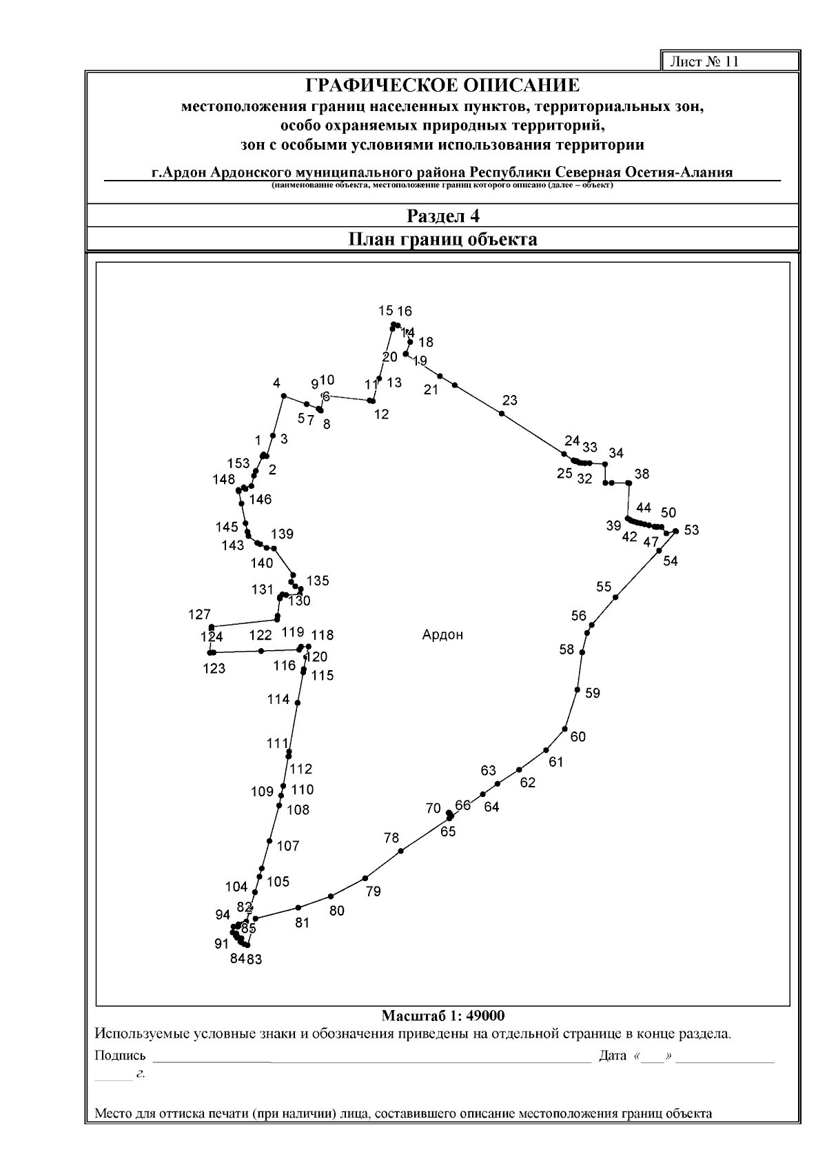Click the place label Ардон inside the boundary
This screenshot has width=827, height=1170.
tap(442, 635)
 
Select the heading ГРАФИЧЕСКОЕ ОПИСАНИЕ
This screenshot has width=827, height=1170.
tap(442, 86)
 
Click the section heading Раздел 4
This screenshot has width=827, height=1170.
tap(442, 216)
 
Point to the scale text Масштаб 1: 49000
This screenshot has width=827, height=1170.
tap(442, 1016)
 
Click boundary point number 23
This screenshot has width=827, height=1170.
tap(509, 401)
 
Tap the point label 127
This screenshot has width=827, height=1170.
tap(199, 614)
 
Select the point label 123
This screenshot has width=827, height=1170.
tap(214, 668)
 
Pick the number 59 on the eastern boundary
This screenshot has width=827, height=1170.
tap(593, 693)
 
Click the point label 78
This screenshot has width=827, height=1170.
tap(391, 838)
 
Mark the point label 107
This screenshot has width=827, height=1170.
tap(288, 846)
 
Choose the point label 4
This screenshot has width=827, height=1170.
tap(276, 383)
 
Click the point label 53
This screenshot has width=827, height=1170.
tap(691, 529)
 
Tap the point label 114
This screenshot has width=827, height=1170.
tap(278, 699)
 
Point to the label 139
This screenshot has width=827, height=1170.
tap(282, 534)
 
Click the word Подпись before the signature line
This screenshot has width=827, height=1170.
tap(120, 1056)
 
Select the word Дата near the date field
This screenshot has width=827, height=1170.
tap(613, 1056)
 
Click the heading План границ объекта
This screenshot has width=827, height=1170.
tap(442, 239)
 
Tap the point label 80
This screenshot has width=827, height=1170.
tap(336, 911)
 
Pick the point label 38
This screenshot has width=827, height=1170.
tap(642, 474)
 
